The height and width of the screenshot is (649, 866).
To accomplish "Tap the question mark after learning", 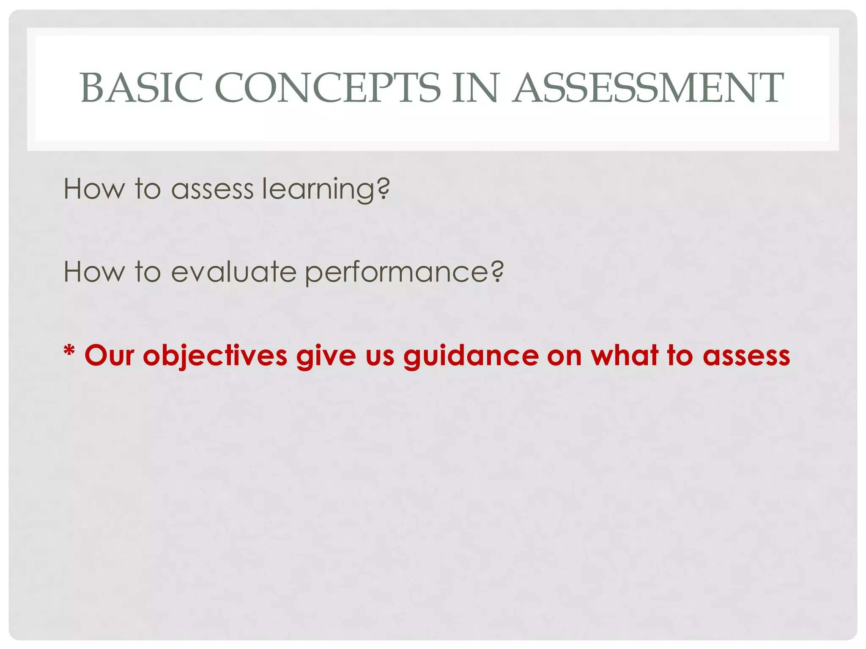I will (x=383, y=188).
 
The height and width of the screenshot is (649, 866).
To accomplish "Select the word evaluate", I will (x=233, y=271).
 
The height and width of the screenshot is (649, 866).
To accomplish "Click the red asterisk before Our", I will (x=69, y=352).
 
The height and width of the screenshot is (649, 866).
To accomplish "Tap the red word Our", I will (x=109, y=355).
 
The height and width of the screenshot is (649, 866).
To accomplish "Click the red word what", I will (x=625, y=355).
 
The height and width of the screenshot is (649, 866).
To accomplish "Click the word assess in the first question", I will (x=212, y=189).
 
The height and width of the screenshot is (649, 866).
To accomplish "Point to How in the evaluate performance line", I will (x=94, y=271).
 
